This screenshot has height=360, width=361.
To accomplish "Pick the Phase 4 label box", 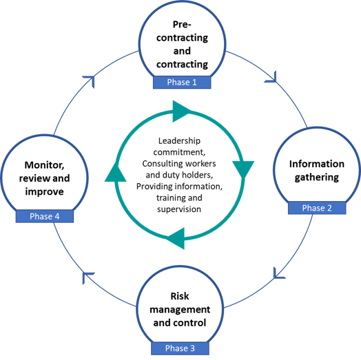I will click(45, 216).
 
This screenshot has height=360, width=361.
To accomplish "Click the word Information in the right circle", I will click(316, 164).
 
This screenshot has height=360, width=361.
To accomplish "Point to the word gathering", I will click(316, 178).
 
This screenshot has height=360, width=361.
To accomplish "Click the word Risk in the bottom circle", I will click(179, 297).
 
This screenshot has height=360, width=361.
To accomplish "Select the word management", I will click(180, 310).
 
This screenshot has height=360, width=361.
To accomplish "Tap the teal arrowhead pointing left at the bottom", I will click(176, 237).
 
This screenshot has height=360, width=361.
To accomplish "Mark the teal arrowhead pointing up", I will click(116, 173).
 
